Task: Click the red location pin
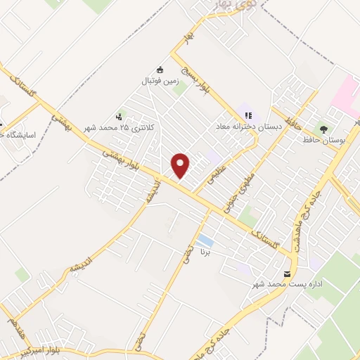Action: pyautogui.click(x=181, y=165)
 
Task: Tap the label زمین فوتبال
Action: pyautogui.click(x=159, y=82)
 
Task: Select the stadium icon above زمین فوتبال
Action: pyautogui.click(x=160, y=70)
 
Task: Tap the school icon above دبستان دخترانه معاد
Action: pyautogui.click(x=247, y=114)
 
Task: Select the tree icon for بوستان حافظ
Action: pyautogui.click(x=323, y=129)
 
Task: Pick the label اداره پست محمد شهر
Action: pyautogui.click(x=285, y=285)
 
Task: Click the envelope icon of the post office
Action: pyautogui.click(x=287, y=274)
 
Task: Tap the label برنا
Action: pyautogui.click(x=205, y=250)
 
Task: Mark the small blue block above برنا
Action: pyautogui.click(x=205, y=240)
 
